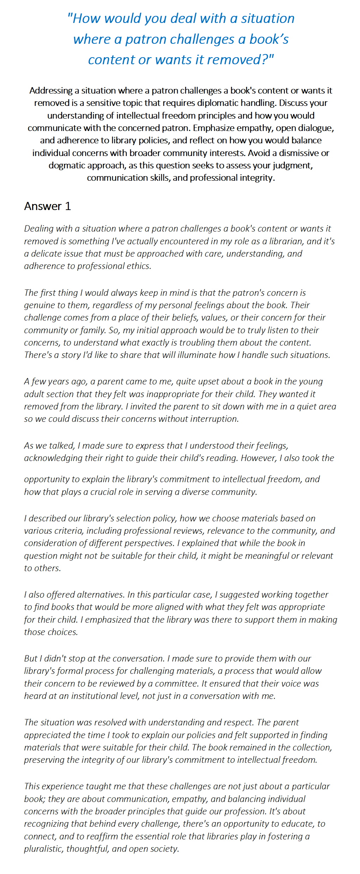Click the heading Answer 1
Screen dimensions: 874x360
pos(47,206)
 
